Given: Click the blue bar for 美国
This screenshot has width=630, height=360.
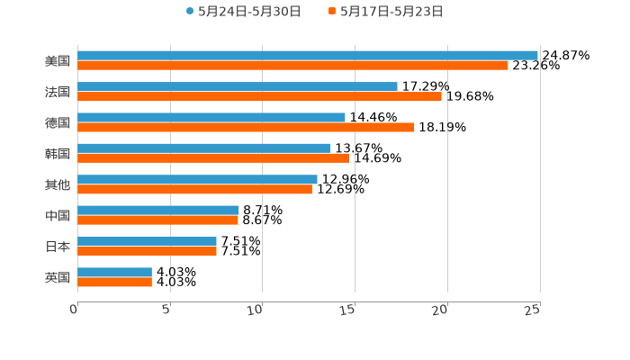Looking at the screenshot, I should [x=308, y=55].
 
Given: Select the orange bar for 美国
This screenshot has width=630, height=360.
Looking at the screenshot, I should [x=292, y=65].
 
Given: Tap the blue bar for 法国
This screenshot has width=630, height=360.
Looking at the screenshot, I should [x=238, y=86].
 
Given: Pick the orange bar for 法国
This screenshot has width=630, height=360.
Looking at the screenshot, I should [x=259, y=96].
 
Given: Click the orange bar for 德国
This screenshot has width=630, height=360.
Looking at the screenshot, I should [x=246, y=127].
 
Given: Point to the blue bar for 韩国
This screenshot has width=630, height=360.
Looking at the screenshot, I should [x=204, y=148].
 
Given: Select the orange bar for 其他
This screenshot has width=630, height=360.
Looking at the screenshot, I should [x=194, y=189].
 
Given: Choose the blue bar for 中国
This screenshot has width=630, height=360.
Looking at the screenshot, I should [x=158, y=210].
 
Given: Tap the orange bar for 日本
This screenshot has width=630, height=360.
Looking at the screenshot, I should [x=147, y=251].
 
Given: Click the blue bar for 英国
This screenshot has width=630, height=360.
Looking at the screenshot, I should [x=114, y=272].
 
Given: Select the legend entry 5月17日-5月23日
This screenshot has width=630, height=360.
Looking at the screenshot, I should [x=391, y=12].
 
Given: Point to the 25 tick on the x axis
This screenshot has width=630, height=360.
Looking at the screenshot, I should [x=533, y=310].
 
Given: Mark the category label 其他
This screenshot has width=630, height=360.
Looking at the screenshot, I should [x=58, y=184].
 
